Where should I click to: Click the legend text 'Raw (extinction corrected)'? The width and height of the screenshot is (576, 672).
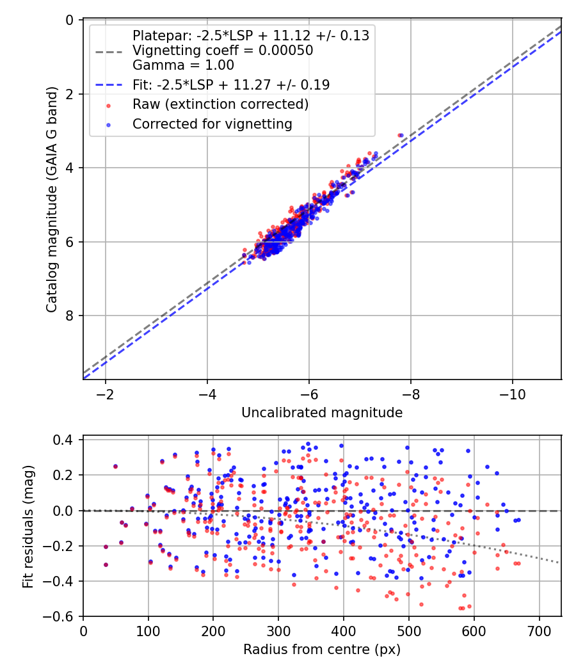click(220, 104)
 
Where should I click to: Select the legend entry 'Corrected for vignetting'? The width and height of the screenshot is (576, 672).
click(212, 124)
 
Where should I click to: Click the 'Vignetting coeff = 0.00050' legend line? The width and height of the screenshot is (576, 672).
click(223, 51)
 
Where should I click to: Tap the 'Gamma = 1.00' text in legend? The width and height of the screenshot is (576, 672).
click(183, 65)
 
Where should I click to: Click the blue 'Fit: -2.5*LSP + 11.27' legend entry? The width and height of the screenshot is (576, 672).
click(230, 84)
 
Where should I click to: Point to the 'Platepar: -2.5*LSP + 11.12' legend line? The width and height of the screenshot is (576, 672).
click(250, 36)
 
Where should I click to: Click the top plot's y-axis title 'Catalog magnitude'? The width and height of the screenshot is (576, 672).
click(52, 200)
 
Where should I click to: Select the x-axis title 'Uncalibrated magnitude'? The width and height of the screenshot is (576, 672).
click(322, 413)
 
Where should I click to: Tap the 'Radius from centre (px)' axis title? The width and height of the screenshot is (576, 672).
click(322, 650)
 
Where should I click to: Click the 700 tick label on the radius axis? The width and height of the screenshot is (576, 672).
click(539, 631)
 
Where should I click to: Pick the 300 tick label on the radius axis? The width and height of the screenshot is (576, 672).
click(278, 631)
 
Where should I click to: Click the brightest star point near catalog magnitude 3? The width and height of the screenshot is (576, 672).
click(401, 135)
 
